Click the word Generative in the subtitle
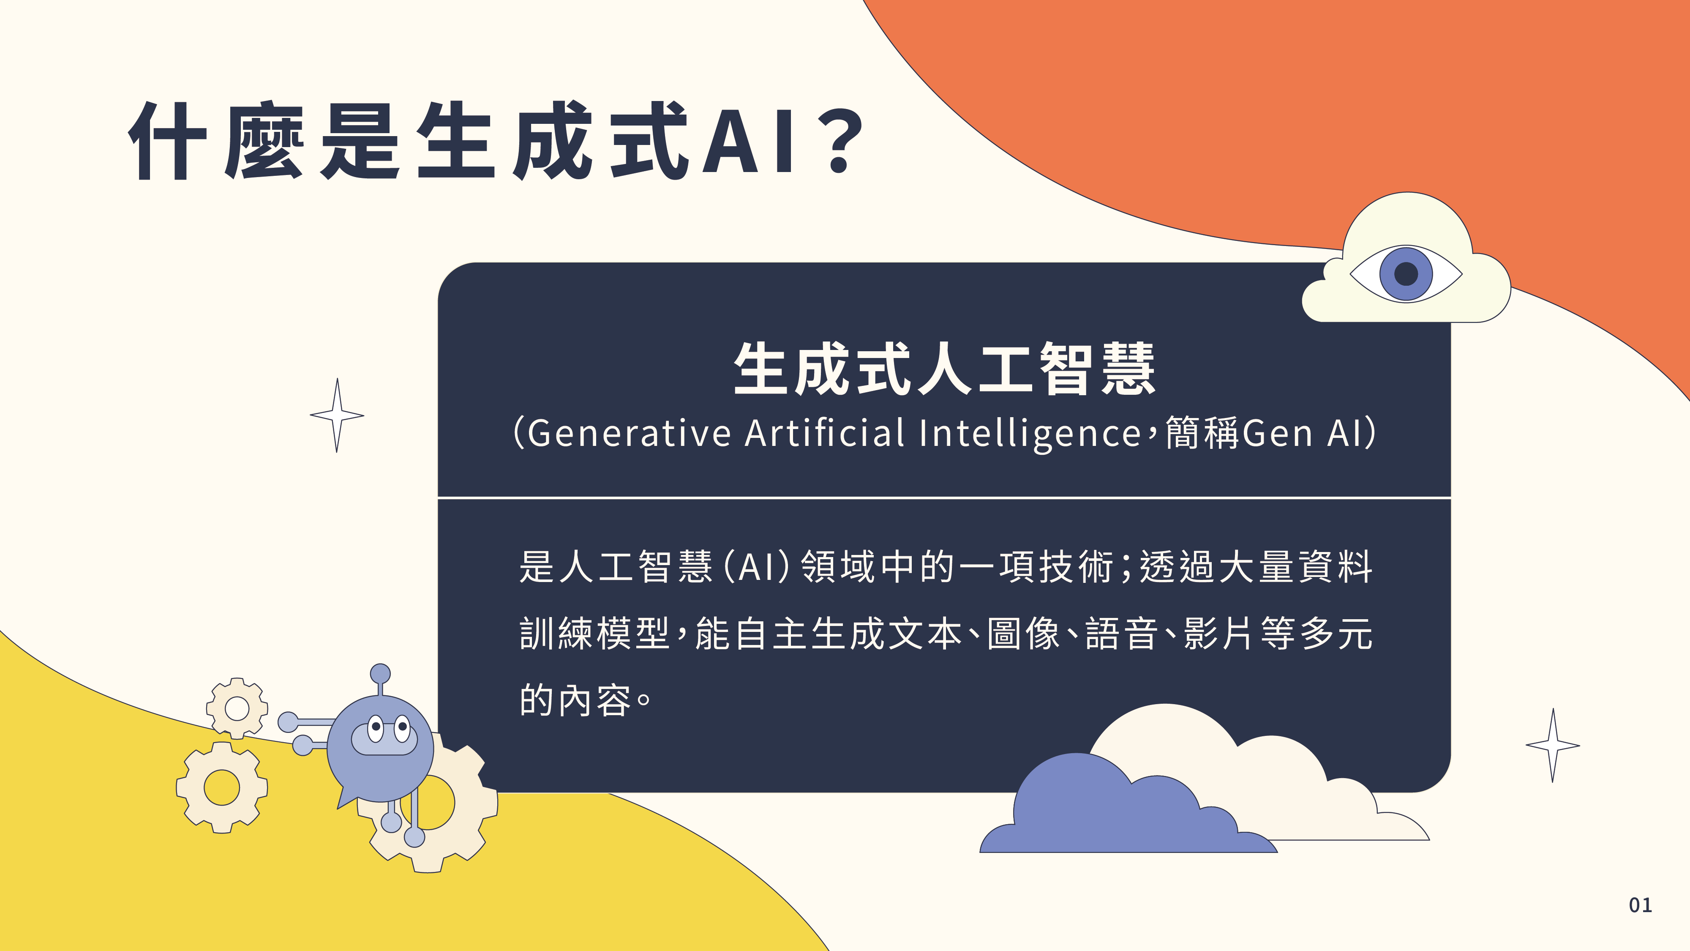tap(629, 433)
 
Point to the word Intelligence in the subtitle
tap(1030, 433)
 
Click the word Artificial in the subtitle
tap(825, 433)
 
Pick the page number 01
tap(1640, 905)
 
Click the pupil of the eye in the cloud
tap(1406, 273)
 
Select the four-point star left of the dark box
tap(337, 415)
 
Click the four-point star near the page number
tap(1552, 745)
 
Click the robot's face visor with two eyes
tap(385, 736)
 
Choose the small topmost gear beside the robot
tap(237, 708)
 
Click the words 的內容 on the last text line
tap(575, 700)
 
